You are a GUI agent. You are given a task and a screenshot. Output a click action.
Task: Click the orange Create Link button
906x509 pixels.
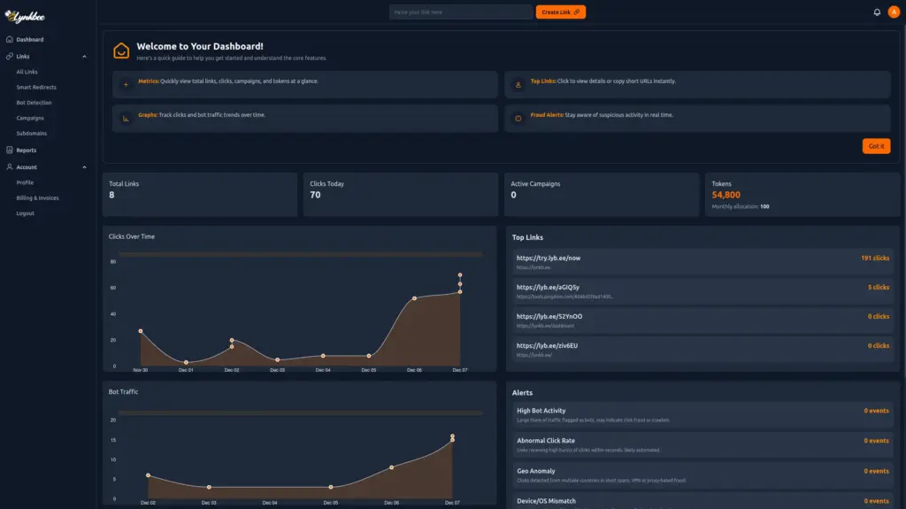(x=560, y=12)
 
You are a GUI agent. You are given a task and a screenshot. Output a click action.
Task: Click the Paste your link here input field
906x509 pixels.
(x=460, y=12)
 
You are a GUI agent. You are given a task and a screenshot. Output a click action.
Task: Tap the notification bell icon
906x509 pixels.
(x=877, y=12)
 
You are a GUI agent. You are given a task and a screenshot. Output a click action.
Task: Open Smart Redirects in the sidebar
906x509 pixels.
(x=36, y=88)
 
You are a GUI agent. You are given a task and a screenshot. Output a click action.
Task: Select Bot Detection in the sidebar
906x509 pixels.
(x=34, y=103)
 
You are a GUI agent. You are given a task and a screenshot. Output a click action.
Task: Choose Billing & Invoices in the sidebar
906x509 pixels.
(x=37, y=198)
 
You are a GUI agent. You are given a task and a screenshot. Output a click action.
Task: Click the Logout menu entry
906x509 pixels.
(x=25, y=213)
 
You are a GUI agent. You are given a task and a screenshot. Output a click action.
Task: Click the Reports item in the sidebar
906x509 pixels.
(x=26, y=150)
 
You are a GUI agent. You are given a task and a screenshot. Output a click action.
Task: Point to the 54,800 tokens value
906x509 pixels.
(x=726, y=195)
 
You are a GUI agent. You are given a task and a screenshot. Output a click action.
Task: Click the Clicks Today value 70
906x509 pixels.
(x=315, y=195)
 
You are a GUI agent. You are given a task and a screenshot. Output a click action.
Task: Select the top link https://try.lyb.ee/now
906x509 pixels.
(x=549, y=258)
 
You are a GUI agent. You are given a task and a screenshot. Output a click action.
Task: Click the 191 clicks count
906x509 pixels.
(x=874, y=258)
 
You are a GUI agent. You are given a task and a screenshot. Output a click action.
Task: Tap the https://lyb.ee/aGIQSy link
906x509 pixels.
(x=549, y=287)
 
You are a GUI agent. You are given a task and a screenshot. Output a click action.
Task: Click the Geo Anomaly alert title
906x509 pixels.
(x=536, y=471)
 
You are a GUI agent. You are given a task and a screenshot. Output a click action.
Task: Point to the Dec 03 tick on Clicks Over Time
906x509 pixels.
(x=277, y=370)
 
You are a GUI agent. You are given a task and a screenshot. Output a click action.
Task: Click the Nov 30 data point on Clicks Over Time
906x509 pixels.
(x=141, y=331)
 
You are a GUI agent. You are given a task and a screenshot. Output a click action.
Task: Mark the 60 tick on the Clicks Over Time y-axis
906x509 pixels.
(x=113, y=289)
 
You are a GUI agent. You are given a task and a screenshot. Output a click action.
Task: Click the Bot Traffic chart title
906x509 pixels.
(x=123, y=391)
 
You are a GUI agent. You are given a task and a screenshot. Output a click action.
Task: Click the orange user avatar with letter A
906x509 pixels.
(x=893, y=12)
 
